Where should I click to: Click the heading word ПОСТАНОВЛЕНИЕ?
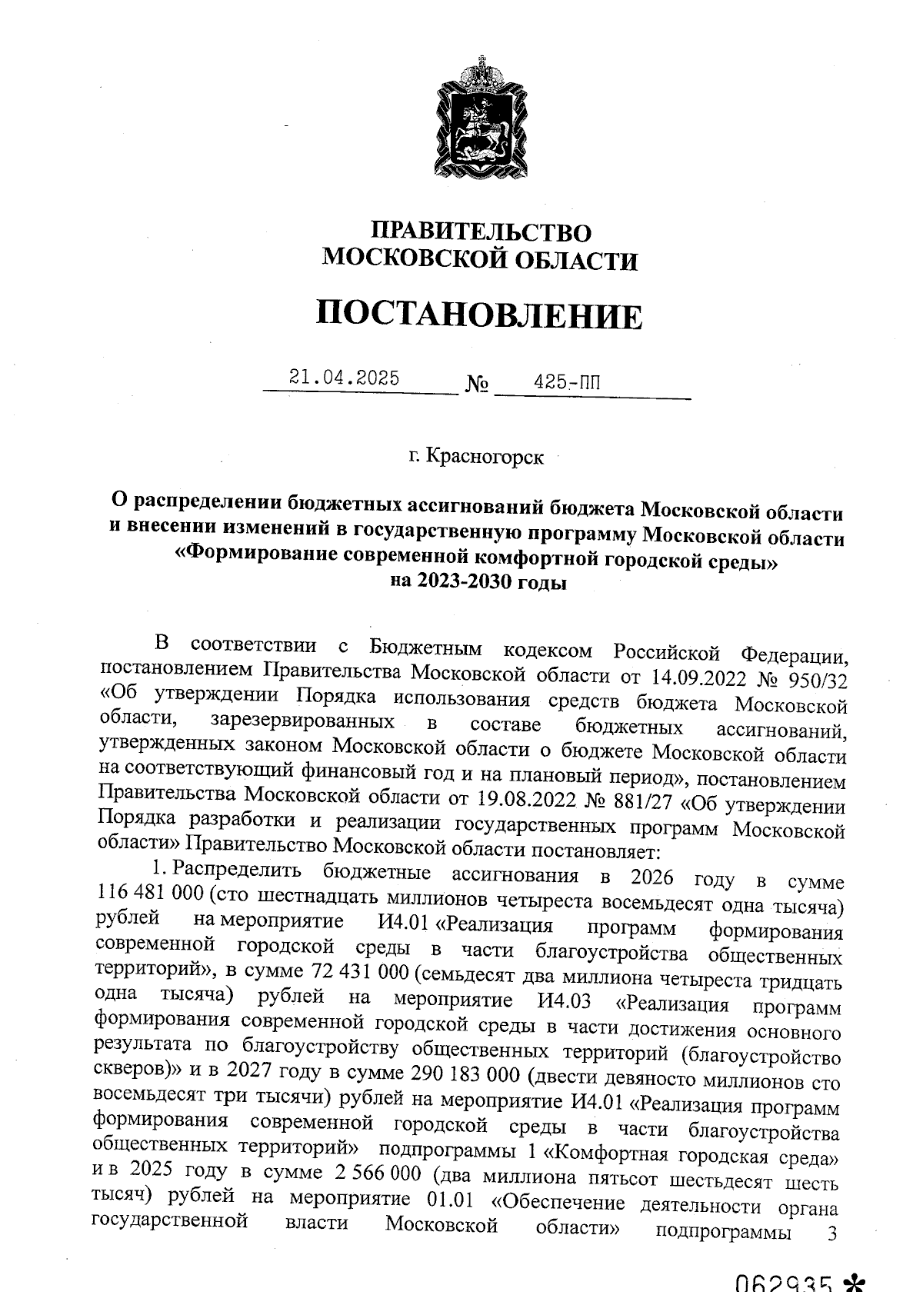(479, 315)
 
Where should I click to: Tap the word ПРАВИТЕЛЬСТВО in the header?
(481, 232)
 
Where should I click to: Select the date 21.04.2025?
(344, 378)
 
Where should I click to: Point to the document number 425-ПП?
(570, 381)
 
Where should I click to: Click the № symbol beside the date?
(477, 384)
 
